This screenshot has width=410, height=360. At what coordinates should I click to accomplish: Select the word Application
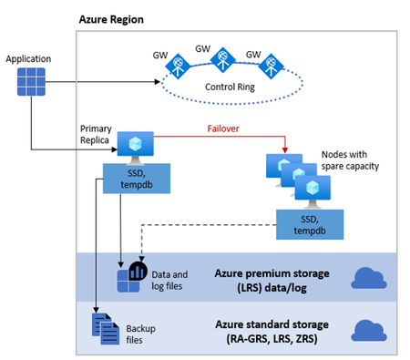(x=28, y=58)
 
